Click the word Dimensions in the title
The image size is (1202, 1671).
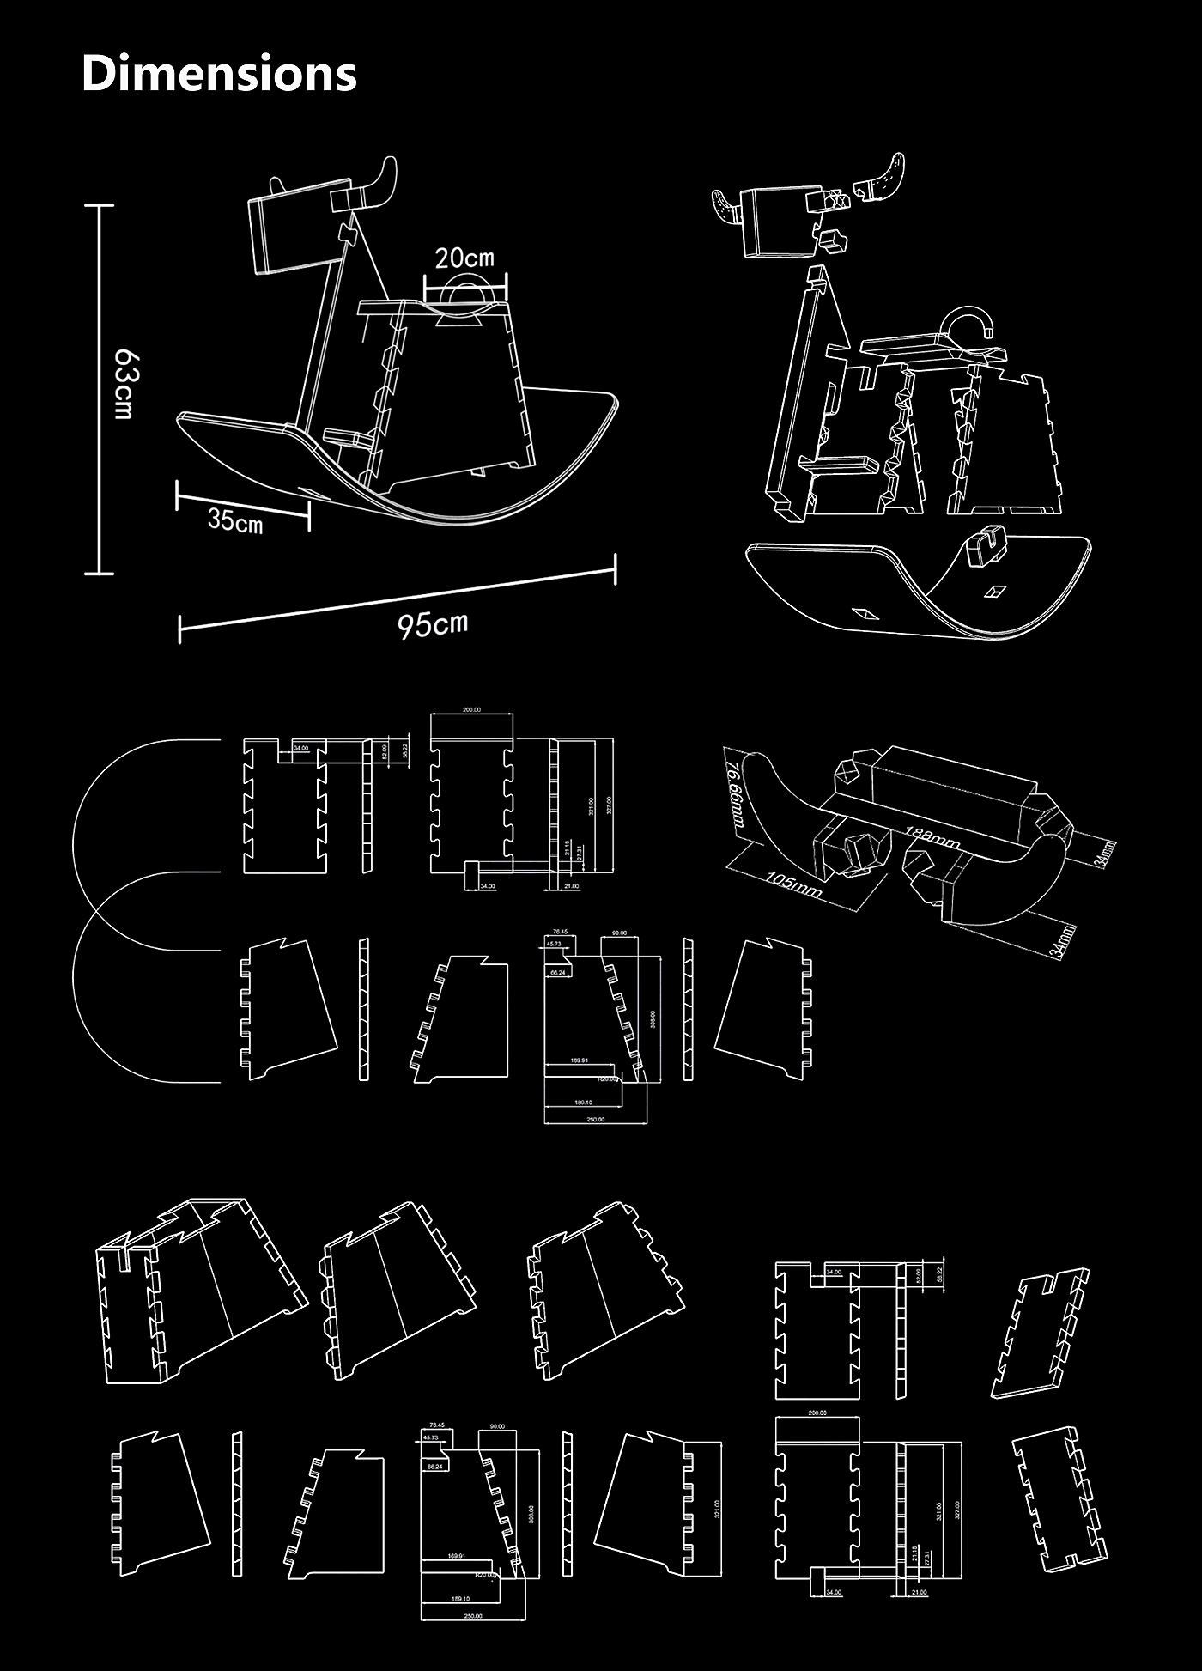point(219,73)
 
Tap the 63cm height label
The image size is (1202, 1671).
point(124,383)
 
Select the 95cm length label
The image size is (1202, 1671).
point(433,624)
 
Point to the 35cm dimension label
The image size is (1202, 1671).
point(235,520)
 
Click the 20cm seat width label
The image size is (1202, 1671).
point(464,258)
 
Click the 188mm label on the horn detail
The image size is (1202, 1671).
point(932,837)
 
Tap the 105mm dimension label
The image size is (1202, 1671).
point(794,884)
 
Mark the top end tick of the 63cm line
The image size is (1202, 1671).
point(100,206)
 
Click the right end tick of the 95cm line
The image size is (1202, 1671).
point(615,568)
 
